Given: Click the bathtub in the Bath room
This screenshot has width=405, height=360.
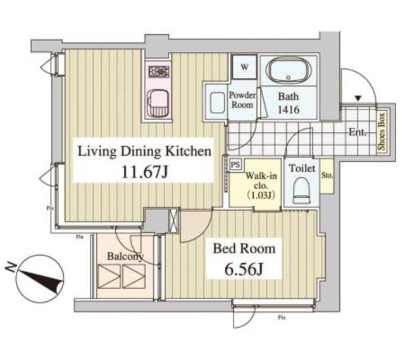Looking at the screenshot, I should coord(289,71).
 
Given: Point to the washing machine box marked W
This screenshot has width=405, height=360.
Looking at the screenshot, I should coord(244,65).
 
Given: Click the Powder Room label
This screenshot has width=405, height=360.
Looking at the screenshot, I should coord(242,99).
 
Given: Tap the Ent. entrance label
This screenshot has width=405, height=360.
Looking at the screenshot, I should coord(358,133).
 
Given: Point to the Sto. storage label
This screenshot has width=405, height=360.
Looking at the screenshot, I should coord(327,175).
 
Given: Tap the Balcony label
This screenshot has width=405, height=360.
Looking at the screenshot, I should coord(125,256).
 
